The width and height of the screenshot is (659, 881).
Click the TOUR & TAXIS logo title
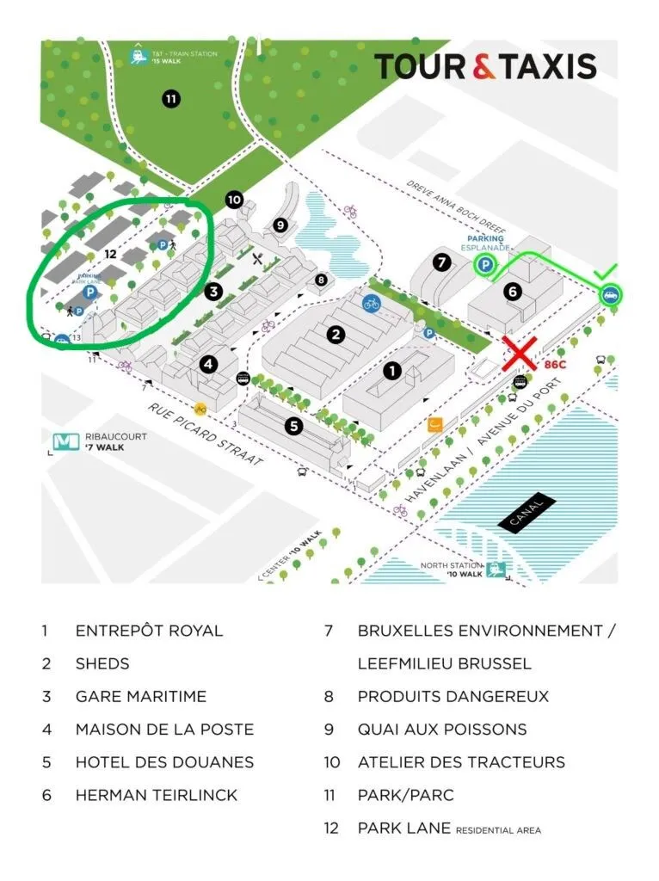484,66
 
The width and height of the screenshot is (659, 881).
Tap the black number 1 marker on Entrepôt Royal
392,372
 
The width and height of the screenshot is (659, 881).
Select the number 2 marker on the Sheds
336,334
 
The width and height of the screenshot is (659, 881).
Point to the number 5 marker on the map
293,425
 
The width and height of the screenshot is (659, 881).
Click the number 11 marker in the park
171,99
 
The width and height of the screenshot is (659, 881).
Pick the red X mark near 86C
520,354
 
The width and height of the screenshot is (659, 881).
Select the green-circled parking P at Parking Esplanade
485,267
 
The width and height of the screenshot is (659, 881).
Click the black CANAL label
527,513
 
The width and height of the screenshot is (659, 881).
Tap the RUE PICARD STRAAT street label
206,435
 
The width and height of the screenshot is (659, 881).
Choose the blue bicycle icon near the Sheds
372,303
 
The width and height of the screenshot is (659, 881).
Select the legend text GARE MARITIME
141,696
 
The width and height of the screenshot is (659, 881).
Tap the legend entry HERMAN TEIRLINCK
156,795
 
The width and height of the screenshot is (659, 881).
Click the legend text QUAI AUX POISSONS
442,730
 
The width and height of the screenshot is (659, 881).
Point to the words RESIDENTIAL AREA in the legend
498,830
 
